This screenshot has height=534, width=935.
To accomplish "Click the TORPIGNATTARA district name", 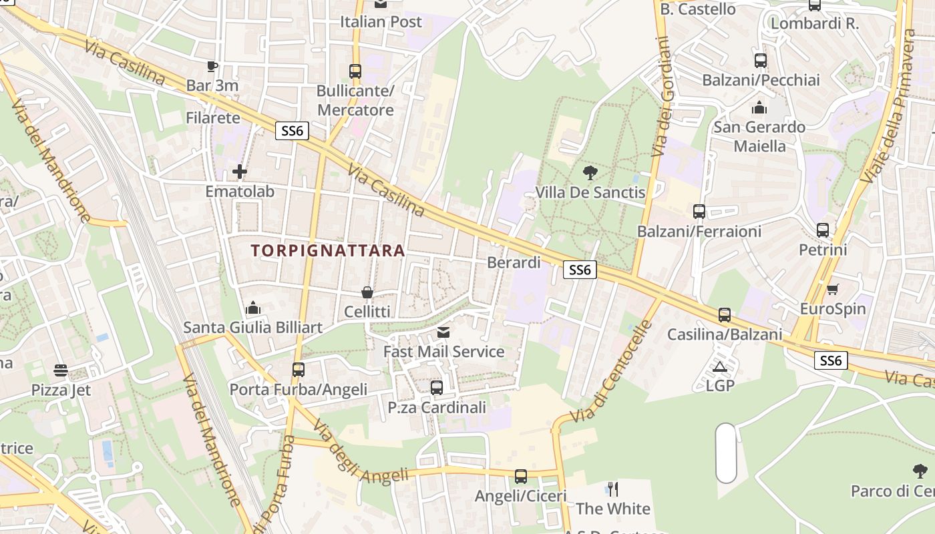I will (x=328, y=250).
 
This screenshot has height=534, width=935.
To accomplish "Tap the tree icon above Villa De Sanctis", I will (x=590, y=173).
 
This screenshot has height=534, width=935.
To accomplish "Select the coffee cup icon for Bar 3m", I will (x=212, y=66).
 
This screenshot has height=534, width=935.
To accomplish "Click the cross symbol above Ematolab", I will (x=240, y=172).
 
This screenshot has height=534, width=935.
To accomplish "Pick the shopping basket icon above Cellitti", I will (x=367, y=292).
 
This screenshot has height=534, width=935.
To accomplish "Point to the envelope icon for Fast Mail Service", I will (x=443, y=332).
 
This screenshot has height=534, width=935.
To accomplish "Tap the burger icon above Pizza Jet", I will (x=61, y=370).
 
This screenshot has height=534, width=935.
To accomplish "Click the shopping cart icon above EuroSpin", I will (x=832, y=290).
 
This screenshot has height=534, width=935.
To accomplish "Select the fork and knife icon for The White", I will (x=613, y=489).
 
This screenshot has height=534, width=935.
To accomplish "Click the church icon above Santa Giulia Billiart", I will (x=253, y=308).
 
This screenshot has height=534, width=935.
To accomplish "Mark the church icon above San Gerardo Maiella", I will (x=759, y=107).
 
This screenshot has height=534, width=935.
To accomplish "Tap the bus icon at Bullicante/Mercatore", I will (x=355, y=71).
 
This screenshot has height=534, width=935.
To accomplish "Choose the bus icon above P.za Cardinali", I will (x=437, y=387).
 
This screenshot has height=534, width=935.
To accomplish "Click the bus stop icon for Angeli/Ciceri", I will (x=521, y=477).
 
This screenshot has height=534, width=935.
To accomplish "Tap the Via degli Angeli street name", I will (x=360, y=453).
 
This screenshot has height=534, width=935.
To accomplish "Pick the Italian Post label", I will (x=381, y=21).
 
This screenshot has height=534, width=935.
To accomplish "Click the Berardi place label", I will (x=514, y=262).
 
